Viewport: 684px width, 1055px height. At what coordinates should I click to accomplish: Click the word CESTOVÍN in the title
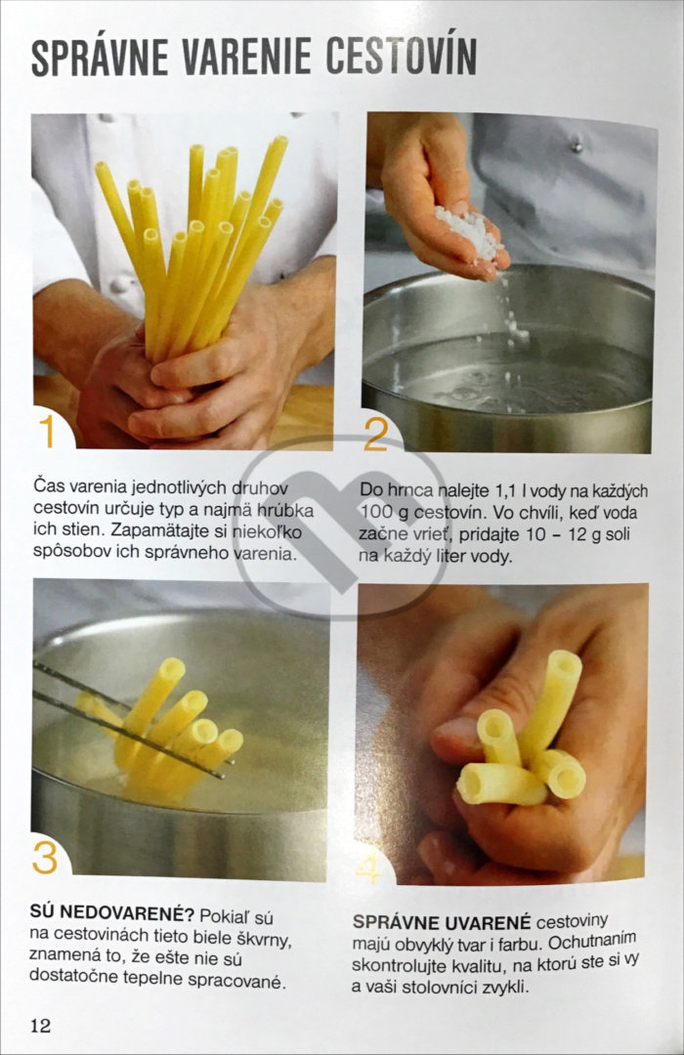click(x=402, y=56)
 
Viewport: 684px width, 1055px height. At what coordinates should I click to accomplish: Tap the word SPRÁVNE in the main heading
click(x=100, y=57)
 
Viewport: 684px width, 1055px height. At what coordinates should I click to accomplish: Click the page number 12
click(x=40, y=1025)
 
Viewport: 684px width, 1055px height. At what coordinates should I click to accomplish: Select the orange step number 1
click(x=47, y=432)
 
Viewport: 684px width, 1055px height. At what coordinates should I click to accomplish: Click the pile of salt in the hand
click(x=470, y=232)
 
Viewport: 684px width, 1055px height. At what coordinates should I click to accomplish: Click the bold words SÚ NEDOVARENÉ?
click(x=111, y=913)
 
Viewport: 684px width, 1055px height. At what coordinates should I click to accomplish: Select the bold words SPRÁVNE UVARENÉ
click(x=442, y=922)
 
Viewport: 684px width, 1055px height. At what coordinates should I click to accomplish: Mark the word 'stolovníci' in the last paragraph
click(x=441, y=988)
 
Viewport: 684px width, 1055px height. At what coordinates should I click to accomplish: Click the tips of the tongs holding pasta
click(x=226, y=770)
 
